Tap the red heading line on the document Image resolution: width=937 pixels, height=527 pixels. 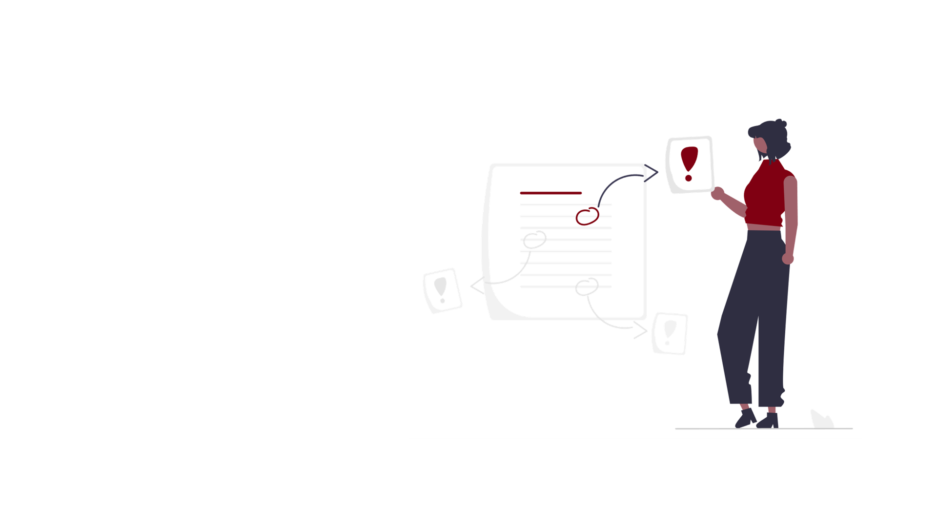coord(550,193)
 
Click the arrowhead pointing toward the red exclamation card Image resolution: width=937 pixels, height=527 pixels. coord(651,173)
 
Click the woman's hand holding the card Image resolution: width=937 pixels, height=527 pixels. coord(717,194)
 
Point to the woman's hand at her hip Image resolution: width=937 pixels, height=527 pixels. coord(788,258)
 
